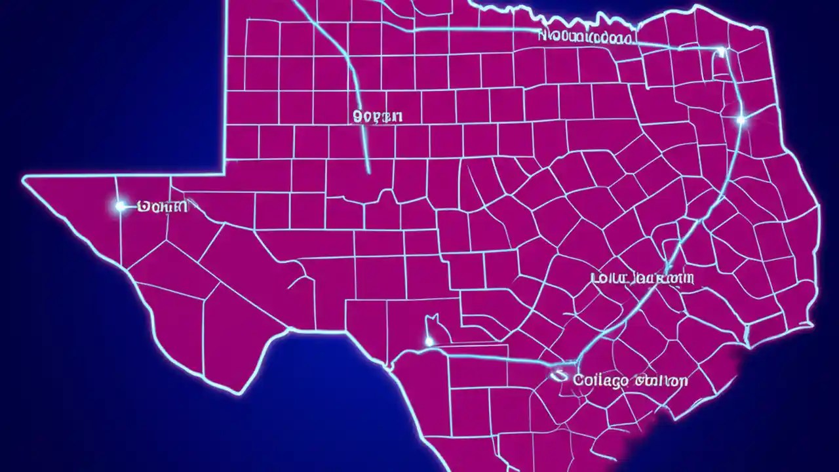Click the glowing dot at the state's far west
[x=120, y=206]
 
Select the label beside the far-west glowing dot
[x=163, y=207]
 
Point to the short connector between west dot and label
[x=132, y=206]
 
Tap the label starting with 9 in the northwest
[x=378, y=117]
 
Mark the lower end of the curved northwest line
[x=368, y=172]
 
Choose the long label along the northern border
[x=586, y=37]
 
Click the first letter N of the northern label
[x=543, y=36]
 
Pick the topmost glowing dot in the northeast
[x=721, y=50]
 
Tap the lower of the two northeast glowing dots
[x=741, y=119]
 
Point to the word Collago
[x=600, y=380]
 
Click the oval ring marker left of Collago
[x=559, y=376]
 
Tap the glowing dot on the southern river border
[x=429, y=341]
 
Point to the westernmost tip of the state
[x=23, y=178]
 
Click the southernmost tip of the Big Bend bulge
[x=240, y=393]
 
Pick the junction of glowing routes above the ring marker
[x=577, y=360]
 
